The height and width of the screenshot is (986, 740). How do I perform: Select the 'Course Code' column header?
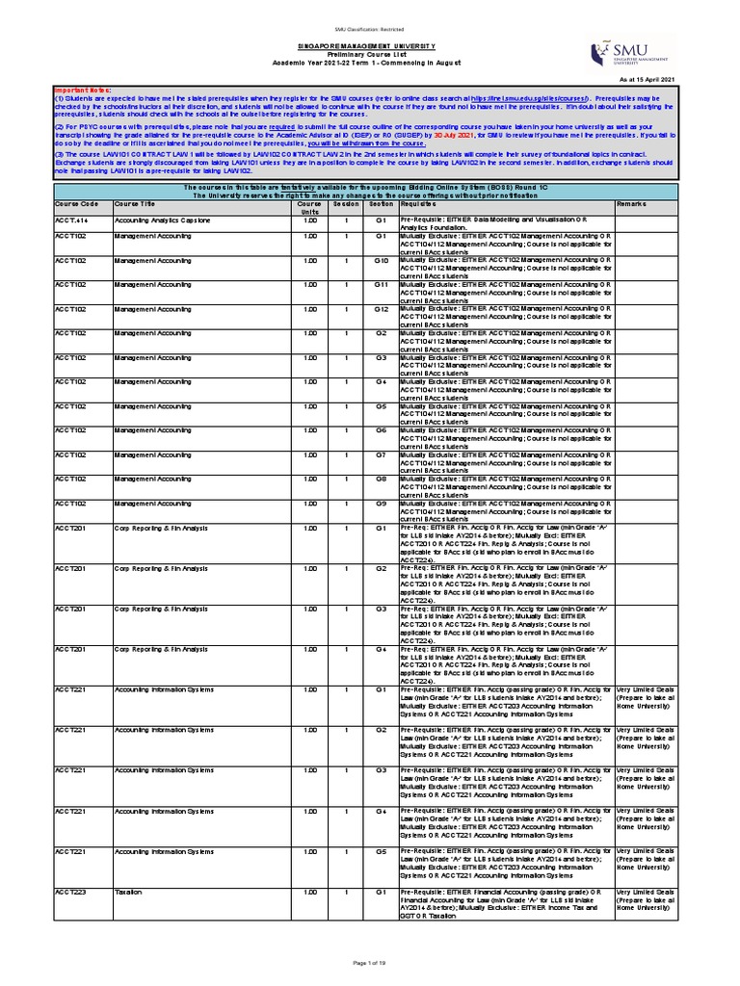(77, 204)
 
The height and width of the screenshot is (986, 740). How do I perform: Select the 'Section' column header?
(381, 204)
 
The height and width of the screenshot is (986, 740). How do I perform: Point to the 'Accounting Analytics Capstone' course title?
(162, 221)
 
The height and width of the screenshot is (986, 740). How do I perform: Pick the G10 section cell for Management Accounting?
(381, 260)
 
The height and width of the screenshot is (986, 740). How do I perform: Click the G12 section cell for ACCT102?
(381, 308)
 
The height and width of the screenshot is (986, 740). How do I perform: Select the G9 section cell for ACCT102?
(381, 503)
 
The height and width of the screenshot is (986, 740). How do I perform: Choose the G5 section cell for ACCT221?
(381, 852)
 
